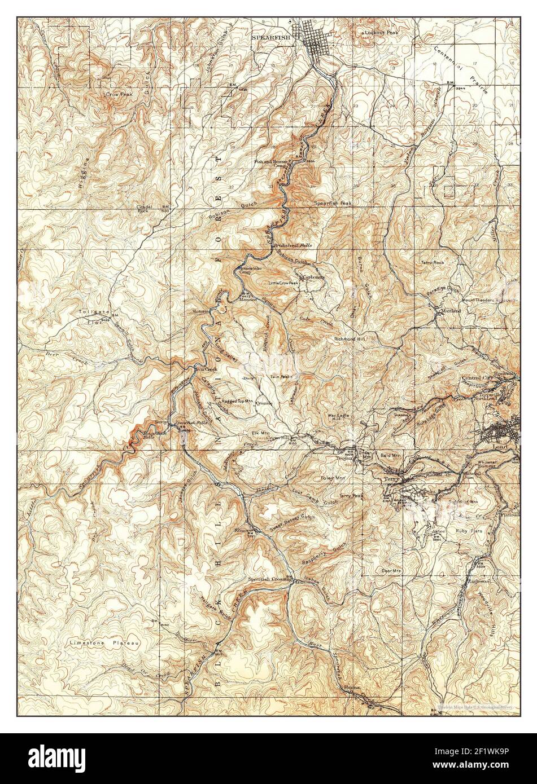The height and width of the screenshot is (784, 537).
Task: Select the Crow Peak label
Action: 119,94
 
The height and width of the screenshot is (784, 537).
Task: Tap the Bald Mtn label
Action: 390,454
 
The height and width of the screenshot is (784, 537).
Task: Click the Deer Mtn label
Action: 391,571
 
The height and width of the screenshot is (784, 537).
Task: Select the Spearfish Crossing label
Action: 269,579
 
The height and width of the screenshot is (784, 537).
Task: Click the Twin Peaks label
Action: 280,376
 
